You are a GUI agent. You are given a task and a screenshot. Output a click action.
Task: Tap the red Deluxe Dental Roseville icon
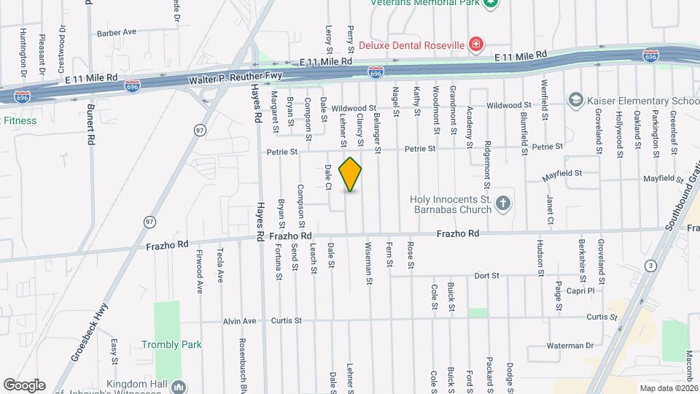pyautogui.click(x=476, y=45)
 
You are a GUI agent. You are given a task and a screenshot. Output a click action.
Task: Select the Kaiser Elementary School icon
pyautogui.click(x=575, y=99)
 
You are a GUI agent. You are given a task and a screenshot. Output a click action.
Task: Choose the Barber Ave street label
pyautogui.click(x=117, y=33)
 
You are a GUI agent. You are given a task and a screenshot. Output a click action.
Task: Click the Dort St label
pyautogui.click(x=486, y=276)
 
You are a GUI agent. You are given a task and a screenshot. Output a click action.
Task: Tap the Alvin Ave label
pyautogui.click(x=240, y=321)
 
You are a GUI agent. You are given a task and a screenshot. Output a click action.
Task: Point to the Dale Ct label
pyautogui.click(x=328, y=177)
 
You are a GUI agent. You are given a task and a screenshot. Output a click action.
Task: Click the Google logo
pyautogui.click(x=24, y=385)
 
